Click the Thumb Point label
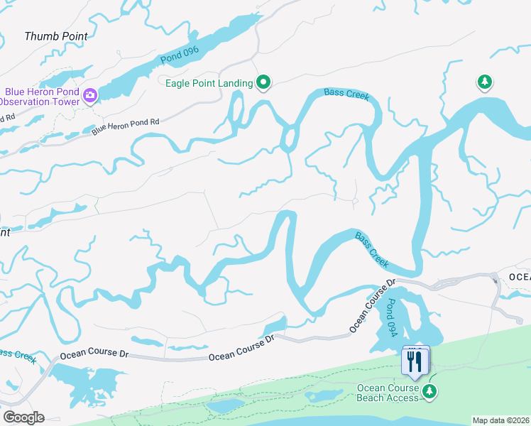[x=56, y=36]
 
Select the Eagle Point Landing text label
[x=209, y=84]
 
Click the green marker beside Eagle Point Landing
[x=264, y=83]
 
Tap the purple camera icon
[x=90, y=95]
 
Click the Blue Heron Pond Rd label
[x=125, y=123]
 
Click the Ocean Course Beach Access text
[x=387, y=393]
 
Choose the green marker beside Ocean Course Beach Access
[x=429, y=392]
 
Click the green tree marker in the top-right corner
[x=484, y=83]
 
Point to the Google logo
[x=23, y=417]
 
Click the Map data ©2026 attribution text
[x=501, y=420]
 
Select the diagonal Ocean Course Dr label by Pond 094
[x=371, y=307]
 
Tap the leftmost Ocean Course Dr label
[x=94, y=354]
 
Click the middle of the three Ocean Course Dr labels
[x=241, y=349]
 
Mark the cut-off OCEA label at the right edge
[x=520, y=277]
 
